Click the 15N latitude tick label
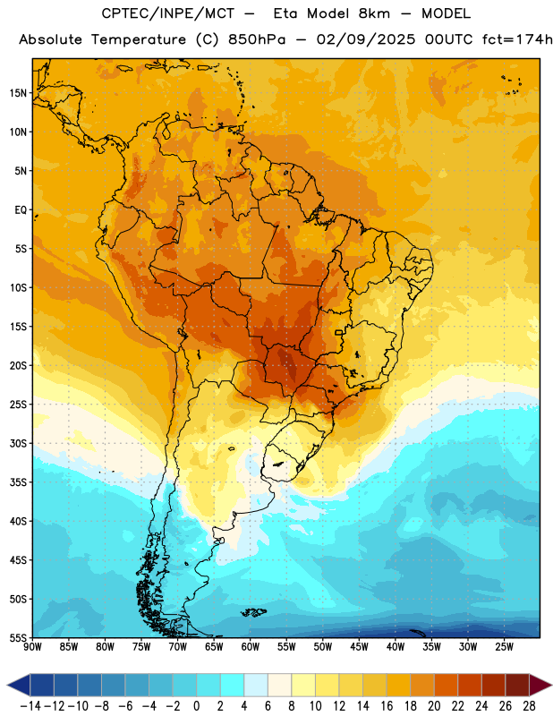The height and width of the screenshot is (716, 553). [x=18, y=93]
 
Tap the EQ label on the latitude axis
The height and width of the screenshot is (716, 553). [x=21, y=210]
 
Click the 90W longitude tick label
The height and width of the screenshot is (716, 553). [x=32, y=647]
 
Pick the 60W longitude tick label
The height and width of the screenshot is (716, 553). [x=251, y=647]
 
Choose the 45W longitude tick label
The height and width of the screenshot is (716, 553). [x=359, y=647]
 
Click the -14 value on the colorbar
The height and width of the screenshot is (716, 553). [x=31, y=706]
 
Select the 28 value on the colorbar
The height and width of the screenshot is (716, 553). [x=529, y=706]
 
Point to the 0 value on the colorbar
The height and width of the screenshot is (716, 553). [x=196, y=706]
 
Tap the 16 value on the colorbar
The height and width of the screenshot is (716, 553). [x=387, y=706]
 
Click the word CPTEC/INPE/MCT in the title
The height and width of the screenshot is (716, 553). [x=168, y=13]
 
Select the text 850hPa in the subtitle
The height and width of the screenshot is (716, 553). [x=257, y=39]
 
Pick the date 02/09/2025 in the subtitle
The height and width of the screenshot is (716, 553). [x=366, y=39]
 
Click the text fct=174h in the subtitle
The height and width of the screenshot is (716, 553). [x=517, y=39]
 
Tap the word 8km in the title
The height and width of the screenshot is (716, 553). [x=374, y=13]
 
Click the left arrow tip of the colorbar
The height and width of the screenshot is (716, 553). [x=8, y=686]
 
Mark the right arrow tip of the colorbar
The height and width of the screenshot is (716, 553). [x=551, y=686]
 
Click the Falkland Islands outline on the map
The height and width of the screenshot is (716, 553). [x=253, y=612]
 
